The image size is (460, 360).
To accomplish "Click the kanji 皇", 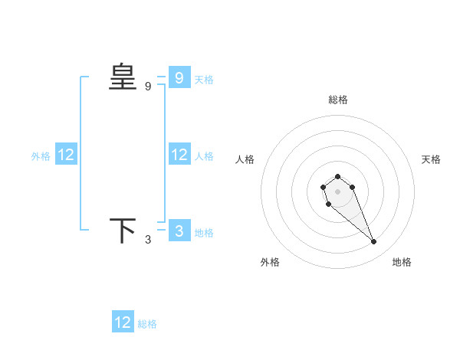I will (x=123, y=77).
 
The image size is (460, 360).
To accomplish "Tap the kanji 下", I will (x=123, y=231).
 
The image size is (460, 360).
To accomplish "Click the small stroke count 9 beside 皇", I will (x=148, y=87).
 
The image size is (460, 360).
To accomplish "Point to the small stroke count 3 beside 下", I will (x=148, y=241).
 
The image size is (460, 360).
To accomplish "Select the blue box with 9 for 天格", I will (x=179, y=77).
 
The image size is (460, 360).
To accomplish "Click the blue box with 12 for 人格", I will (x=179, y=155).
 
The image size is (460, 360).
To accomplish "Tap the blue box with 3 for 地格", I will (x=179, y=231).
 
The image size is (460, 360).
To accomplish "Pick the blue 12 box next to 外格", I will (x=65, y=155).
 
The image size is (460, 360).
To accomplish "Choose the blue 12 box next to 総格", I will (x=123, y=322).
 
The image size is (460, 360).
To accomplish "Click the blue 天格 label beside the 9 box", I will (x=204, y=79).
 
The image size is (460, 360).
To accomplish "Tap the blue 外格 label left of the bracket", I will (x=41, y=156).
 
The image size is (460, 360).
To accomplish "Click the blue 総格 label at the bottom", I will (x=147, y=324).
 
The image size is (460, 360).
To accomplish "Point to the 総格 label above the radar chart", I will (x=338, y=100).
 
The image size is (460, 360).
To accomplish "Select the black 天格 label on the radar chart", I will (x=431, y=159).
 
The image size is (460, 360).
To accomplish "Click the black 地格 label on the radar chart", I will (x=402, y=262).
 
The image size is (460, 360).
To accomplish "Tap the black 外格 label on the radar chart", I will (x=270, y=262).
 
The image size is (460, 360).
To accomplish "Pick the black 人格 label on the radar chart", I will (x=245, y=159).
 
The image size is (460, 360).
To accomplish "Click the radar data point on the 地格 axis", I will (x=374, y=242).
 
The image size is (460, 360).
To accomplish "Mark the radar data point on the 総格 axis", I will (x=337, y=176).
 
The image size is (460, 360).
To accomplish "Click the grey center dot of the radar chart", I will (x=337, y=191).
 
